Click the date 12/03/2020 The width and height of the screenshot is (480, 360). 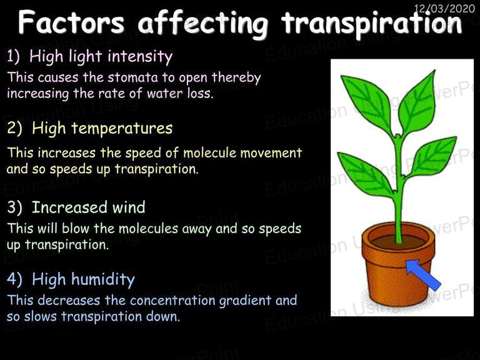click(444, 8)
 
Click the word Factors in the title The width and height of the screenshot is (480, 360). click(71, 22)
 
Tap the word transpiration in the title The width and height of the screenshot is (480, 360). click(371, 24)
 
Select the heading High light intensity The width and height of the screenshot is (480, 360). click(101, 57)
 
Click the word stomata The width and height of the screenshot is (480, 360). click(132, 77)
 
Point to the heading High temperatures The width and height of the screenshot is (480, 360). click(102, 129)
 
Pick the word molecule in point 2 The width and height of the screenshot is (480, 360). click(210, 152)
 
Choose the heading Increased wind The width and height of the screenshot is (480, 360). click(89, 207)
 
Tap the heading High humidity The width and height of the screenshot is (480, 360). click(83, 280)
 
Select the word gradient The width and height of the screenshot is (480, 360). click(246, 301)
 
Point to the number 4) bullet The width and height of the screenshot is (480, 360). click(14, 279)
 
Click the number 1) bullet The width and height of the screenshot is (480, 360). click(13, 57)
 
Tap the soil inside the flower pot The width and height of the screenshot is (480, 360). click(398, 241)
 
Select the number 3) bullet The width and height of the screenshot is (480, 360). click(14, 207)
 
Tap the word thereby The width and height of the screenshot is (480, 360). click(236, 78)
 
